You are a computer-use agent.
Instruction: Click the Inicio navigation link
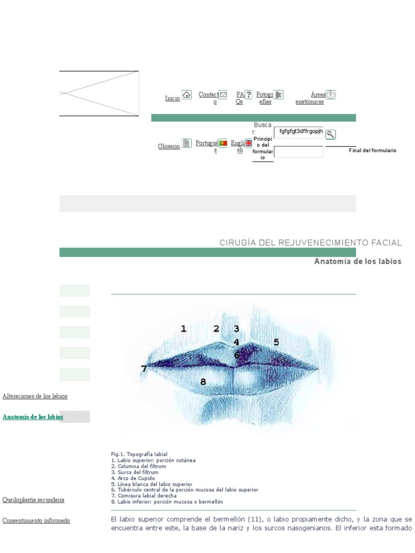pos(172,99)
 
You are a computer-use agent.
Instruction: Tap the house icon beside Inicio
pos(186,95)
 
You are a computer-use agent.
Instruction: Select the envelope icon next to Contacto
pos(223,95)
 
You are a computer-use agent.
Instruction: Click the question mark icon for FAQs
pos(249,95)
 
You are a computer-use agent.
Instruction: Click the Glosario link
pos(169,146)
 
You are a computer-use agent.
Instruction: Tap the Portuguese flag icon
pos(223,143)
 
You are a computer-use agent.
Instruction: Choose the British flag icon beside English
pos(249,143)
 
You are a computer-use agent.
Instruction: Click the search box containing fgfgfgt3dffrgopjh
pos(298,132)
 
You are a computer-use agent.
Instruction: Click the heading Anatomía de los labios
pos(358,261)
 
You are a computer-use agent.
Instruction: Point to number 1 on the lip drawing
pos(183,328)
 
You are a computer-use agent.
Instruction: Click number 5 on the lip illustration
pos(276,342)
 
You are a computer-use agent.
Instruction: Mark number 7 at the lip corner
pos(144,369)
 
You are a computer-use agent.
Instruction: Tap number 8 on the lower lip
pos(203,382)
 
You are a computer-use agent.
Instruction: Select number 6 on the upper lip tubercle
pos(237,355)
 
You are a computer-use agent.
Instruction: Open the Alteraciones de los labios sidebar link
pos(35,396)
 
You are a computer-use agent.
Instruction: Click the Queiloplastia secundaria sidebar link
pos(34,500)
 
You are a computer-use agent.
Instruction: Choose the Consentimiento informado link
pos(36,521)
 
